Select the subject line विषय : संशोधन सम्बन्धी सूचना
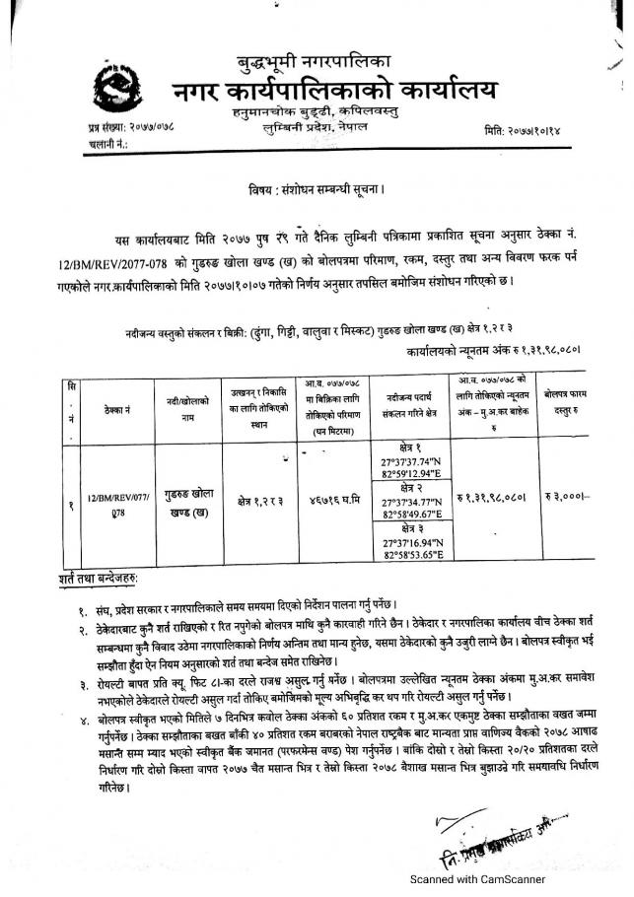tap(316, 186)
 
